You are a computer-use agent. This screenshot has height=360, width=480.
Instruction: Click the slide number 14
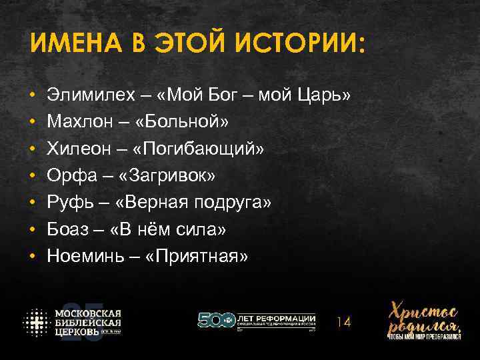pos(343,323)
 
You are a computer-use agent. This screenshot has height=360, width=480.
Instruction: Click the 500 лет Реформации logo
pos(257,321)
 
